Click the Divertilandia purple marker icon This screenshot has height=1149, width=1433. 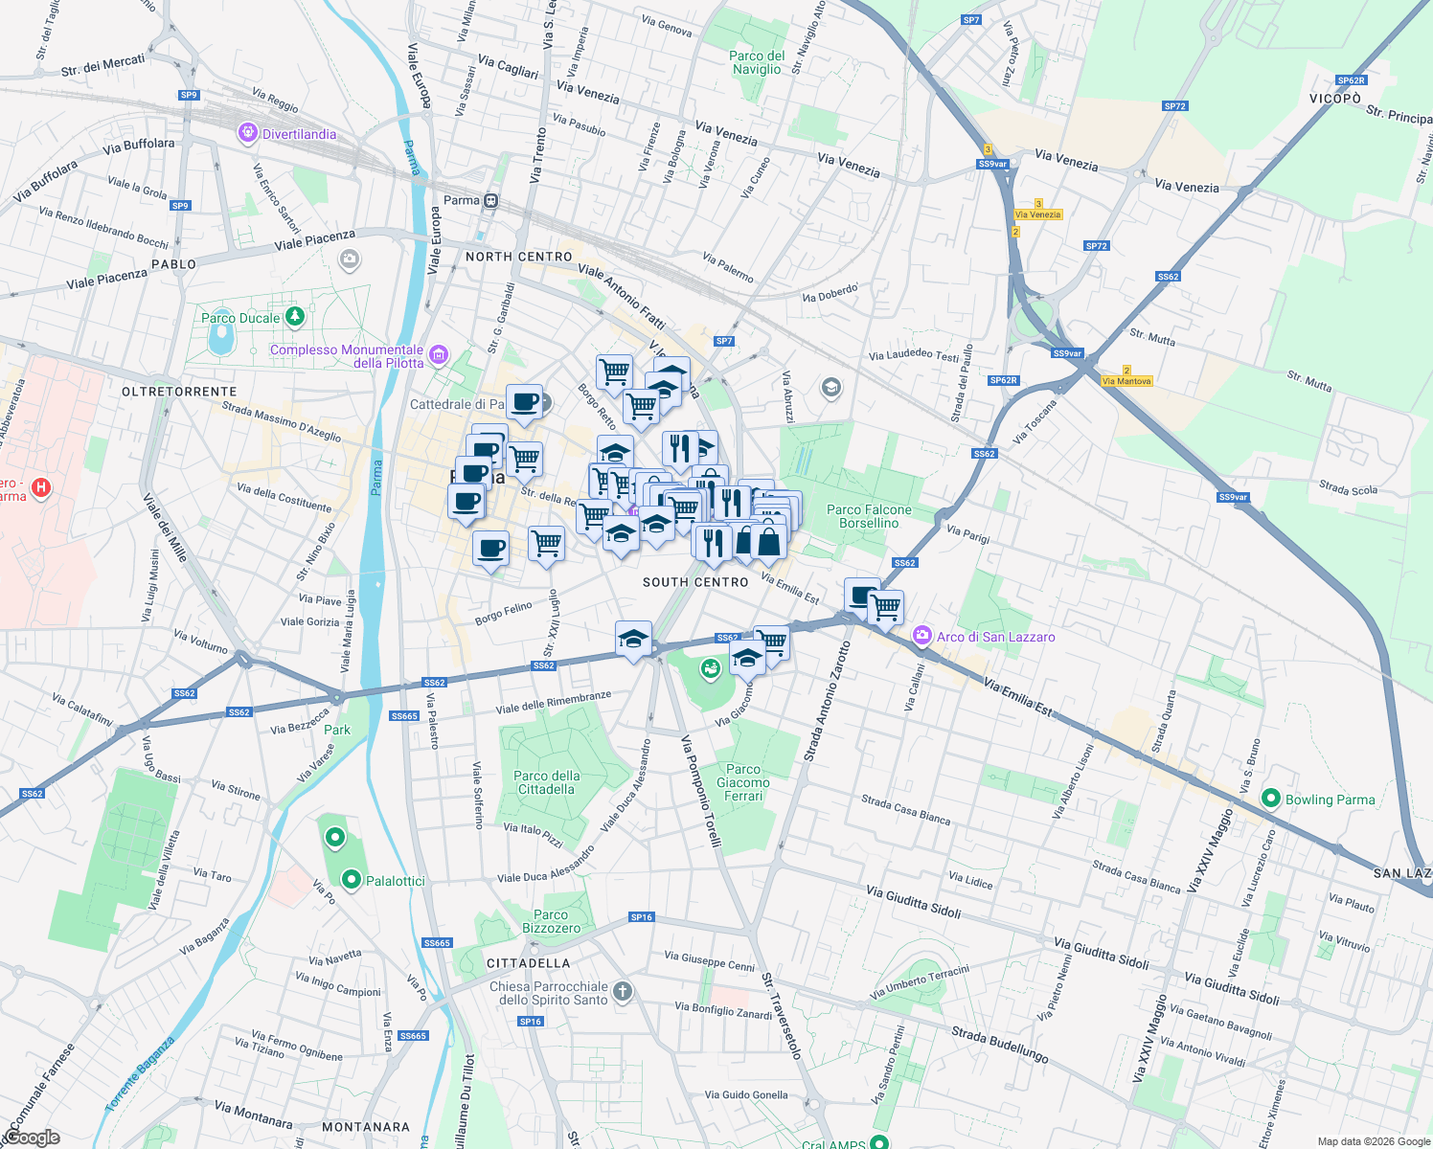pos(248,133)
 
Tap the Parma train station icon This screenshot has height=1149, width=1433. pos(490,200)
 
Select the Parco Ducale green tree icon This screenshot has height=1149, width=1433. pos(295,316)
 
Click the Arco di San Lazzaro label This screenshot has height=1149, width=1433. pos(995,637)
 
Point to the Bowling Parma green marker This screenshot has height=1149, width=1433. pos(1271,798)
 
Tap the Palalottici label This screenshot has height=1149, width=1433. pos(396,881)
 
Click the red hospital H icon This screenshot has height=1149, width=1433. pos(40,487)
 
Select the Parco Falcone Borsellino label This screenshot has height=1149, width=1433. pos(869,516)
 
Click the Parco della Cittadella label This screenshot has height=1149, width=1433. pos(546,782)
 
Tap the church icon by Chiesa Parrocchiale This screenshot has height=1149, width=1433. pos(623,991)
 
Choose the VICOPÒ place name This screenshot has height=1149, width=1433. pos(1335,99)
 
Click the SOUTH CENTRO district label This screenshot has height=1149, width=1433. pos(695,582)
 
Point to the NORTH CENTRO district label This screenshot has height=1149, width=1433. pos(518,257)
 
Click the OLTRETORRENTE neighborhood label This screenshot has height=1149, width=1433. pos(179,392)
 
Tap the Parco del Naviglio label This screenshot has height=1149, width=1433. pos(757,62)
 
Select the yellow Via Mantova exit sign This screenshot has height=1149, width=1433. pos(1126,381)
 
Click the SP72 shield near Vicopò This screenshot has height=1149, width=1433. pos(1174,106)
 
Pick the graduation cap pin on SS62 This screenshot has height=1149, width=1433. pos(632,639)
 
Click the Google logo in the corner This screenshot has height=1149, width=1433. pos(31,1138)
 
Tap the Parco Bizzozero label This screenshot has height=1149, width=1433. pos(551,921)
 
